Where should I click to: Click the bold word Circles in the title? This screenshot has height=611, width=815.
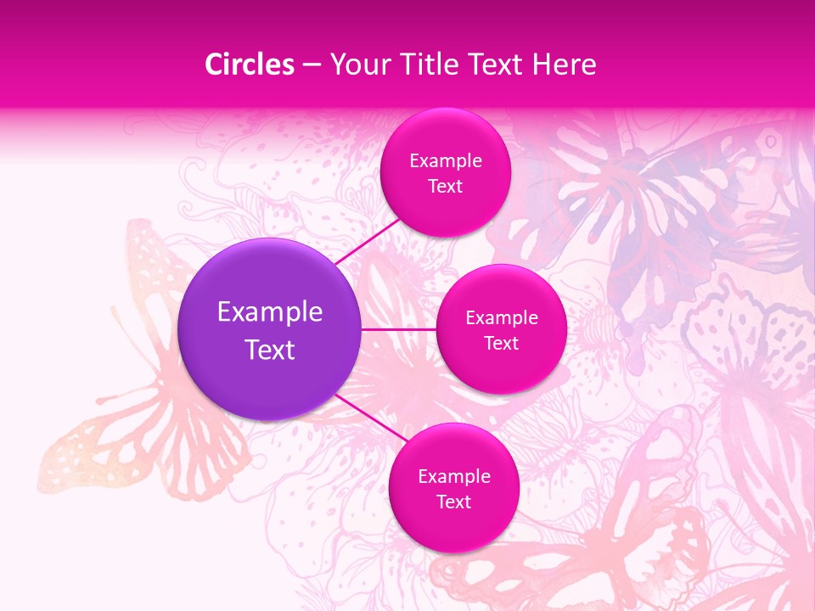point(249,64)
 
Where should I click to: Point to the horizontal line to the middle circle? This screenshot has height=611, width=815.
point(399,329)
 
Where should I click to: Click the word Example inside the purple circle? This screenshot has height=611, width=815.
point(270,312)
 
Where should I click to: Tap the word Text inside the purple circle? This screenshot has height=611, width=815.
point(270,350)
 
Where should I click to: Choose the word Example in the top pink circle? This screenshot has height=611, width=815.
point(445,161)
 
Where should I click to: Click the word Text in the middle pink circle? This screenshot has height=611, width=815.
point(501,344)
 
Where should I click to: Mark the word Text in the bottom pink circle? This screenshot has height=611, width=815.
point(453,502)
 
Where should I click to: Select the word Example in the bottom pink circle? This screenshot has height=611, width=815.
point(453,477)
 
